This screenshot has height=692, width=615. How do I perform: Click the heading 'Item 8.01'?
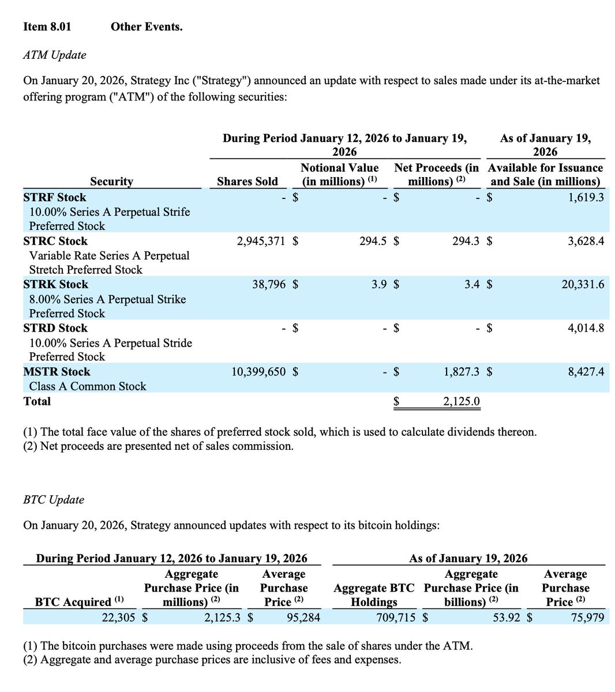pyautogui.click(x=47, y=27)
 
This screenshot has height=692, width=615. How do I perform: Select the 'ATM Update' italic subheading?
pyautogui.click(x=54, y=55)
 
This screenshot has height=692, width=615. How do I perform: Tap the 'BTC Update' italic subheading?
pyautogui.click(x=54, y=499)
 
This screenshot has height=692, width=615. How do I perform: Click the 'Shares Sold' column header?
pyautogui.click(x=247, y=181)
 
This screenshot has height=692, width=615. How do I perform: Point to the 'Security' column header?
pyautogui.click(x=111, y=181)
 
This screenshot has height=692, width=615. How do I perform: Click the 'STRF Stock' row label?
pyautogui.click(x=54, y=197)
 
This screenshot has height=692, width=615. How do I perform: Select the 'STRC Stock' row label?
pyautogui.click(x=55, y=241)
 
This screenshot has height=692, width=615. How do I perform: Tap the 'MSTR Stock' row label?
pyautogui.click(x=57, y=372)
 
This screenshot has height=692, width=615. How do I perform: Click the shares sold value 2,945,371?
pyautogui.click(x=261, y=241)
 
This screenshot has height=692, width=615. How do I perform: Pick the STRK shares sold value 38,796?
pyautogui.click(x=269, y=284)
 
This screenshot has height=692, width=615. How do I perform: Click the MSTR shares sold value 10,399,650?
pyautogui.click(x=258, y=372)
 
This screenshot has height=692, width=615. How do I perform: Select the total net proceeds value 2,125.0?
pyautogui.click(x=461, y=401)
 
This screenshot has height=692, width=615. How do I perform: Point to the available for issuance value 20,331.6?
pyautogui.click(x=583, y=284)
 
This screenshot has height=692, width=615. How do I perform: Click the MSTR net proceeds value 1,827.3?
pyautogui.click(x=461, y=372)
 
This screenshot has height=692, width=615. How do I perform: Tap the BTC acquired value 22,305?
pyautogui.click(x=118, y=618)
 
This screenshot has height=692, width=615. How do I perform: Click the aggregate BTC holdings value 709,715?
pyautogui.click(x=392, y=618)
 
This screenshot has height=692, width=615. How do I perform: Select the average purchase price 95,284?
pyautogui.click(x=303, y=618)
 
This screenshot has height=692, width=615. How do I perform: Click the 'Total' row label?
pyautogui.click(x=37, y=401)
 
